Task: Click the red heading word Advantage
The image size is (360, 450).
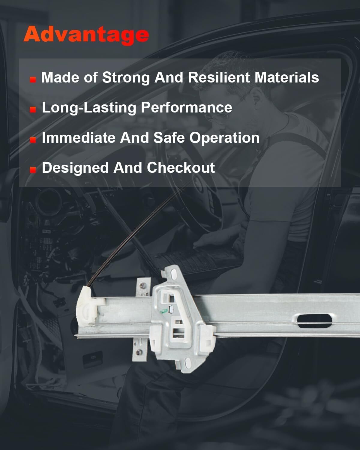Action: point(86,35)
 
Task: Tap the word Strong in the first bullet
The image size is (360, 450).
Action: point(126,78)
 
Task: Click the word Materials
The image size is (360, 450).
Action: point(286,77)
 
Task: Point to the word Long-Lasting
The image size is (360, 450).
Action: point(89,108)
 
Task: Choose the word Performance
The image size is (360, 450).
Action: point(186,107)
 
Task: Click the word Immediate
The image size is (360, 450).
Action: point(79,138)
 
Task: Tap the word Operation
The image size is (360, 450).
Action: point(224,138)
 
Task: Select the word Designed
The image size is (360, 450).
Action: point(75,168)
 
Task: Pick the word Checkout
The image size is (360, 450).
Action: point(181,168)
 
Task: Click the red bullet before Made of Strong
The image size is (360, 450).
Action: point(33,80)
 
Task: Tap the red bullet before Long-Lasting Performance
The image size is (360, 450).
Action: point(33,110)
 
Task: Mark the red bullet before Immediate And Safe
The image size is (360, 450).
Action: point(33,140)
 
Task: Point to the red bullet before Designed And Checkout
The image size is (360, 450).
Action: point(33,170)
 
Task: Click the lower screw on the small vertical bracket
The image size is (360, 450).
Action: point(139,352)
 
